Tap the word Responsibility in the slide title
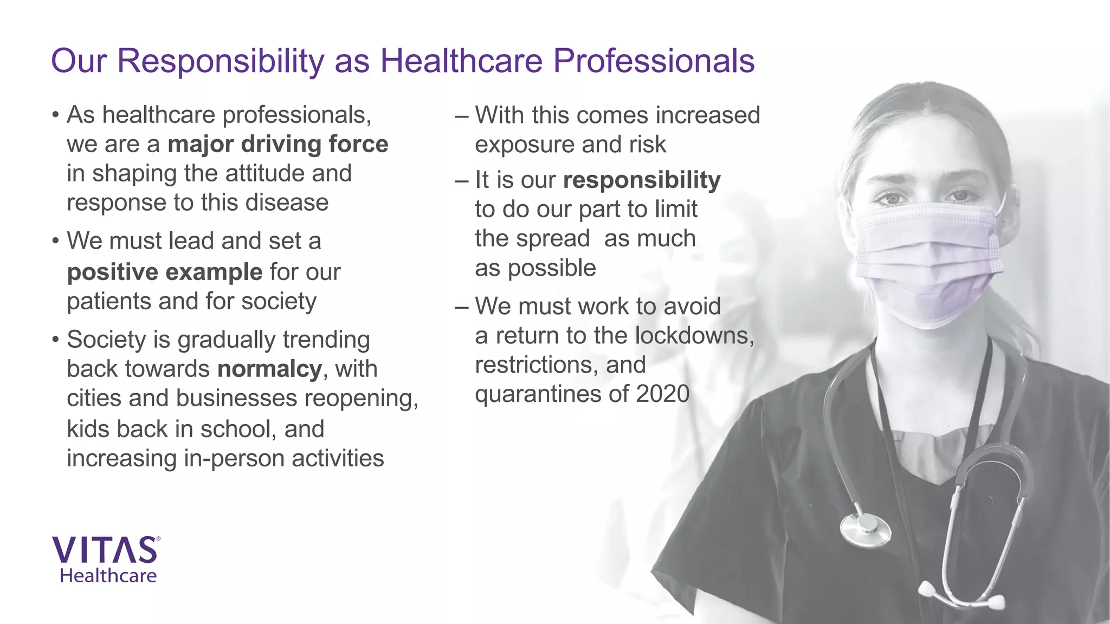tap(221, 61)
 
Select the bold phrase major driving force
tap(277, 145)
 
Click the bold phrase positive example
tap(165, 272)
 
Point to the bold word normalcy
tap(270, 369)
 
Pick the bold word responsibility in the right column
tap(642, 180)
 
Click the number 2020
tap(662, 394)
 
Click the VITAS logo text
tap(105, 550)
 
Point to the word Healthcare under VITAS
tap(108, 576)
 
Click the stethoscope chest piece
tap(865, 528)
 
